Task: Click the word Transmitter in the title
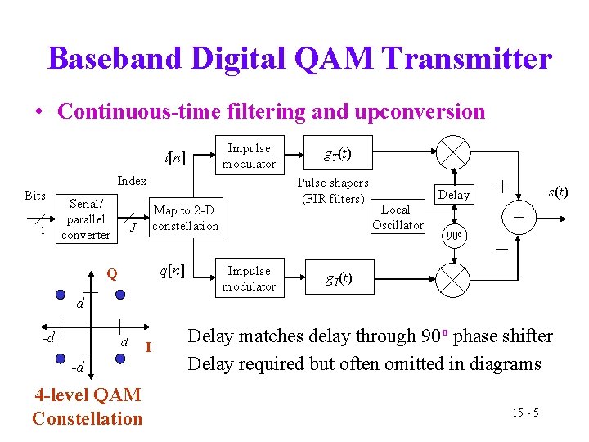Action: click(x=466, y=59)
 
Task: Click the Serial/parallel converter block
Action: click(x=86, y=219)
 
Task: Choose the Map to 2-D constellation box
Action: click(x=186, y=219)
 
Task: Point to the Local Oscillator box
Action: click(x=398, y=218)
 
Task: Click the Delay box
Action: click(x=454, y=195)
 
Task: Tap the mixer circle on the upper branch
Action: click(x=452, y=155)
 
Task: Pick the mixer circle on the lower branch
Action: click(x=452, y=279)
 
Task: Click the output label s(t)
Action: click(x=557, y=192)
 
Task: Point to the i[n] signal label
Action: click(x=174, y=156)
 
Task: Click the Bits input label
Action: click(x=35, y=196)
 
